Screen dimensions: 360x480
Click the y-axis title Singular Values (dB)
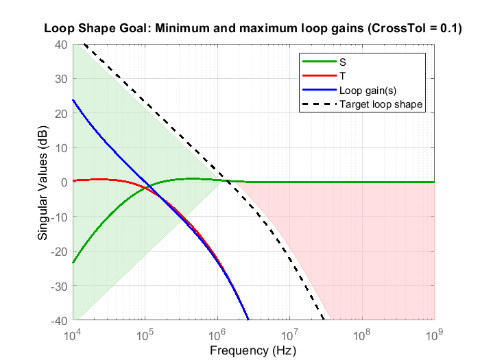[43, 182]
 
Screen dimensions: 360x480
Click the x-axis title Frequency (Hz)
[253, 350]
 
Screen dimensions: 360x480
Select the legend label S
[342, 61]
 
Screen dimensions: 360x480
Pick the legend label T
[342, 75]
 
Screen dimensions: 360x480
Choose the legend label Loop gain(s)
[367, 90]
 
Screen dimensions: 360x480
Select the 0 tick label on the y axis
[64, 182]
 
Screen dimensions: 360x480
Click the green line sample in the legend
[318, 61]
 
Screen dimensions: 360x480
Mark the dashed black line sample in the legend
[318, 104]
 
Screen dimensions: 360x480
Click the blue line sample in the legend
[318, 90]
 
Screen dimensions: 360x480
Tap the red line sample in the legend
[318, 75]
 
